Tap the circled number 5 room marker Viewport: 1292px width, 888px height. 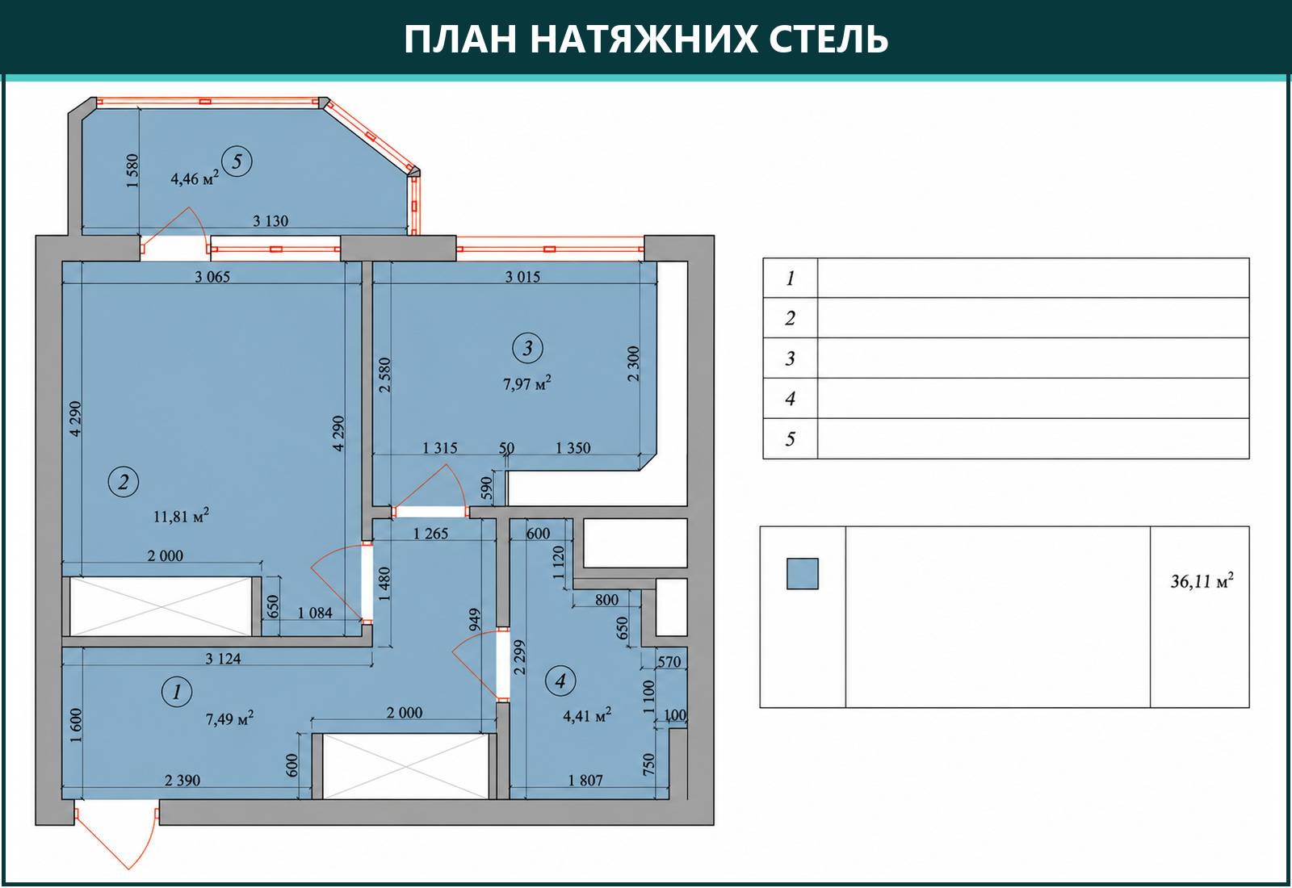pyautogui.click(x=237, y=161)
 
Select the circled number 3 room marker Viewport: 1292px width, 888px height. pyautogui.click(x=528, y=348)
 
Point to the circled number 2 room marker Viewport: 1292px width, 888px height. pyautogui.click(x=124, y=481)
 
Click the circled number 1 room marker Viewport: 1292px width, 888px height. pyautogui.click(x=177, y=691)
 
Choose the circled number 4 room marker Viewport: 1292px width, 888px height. pyautogui.click(x=560, y=681)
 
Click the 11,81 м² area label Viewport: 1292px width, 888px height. pyautogui.click(x=181, y=516)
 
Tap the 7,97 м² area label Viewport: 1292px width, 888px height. pyautogui.click(x=527, y=383)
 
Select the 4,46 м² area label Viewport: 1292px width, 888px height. pyautogui.click(x=195, y=178)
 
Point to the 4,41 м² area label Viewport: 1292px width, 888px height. pyautogui.click(x=587, y=715)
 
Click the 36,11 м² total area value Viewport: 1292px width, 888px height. pyautogui.click(x=1202, y=580)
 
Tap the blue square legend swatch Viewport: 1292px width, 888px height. pyautogui.click(x=803, y=574)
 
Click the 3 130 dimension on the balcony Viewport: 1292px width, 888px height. pyautogui.click(x=271, y=221)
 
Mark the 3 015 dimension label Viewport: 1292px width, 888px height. pyautogui.click(x=522, y=277)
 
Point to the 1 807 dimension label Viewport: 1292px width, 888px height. pyautogui.click(x=585, y=780)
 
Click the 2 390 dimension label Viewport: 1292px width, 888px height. pyautogui.click(x=182, y=780)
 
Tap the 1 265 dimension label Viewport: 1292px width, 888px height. pyautogui.click(x=430, y=534)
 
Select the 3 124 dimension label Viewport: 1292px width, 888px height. pyautogui.click(x=223, y=659)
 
